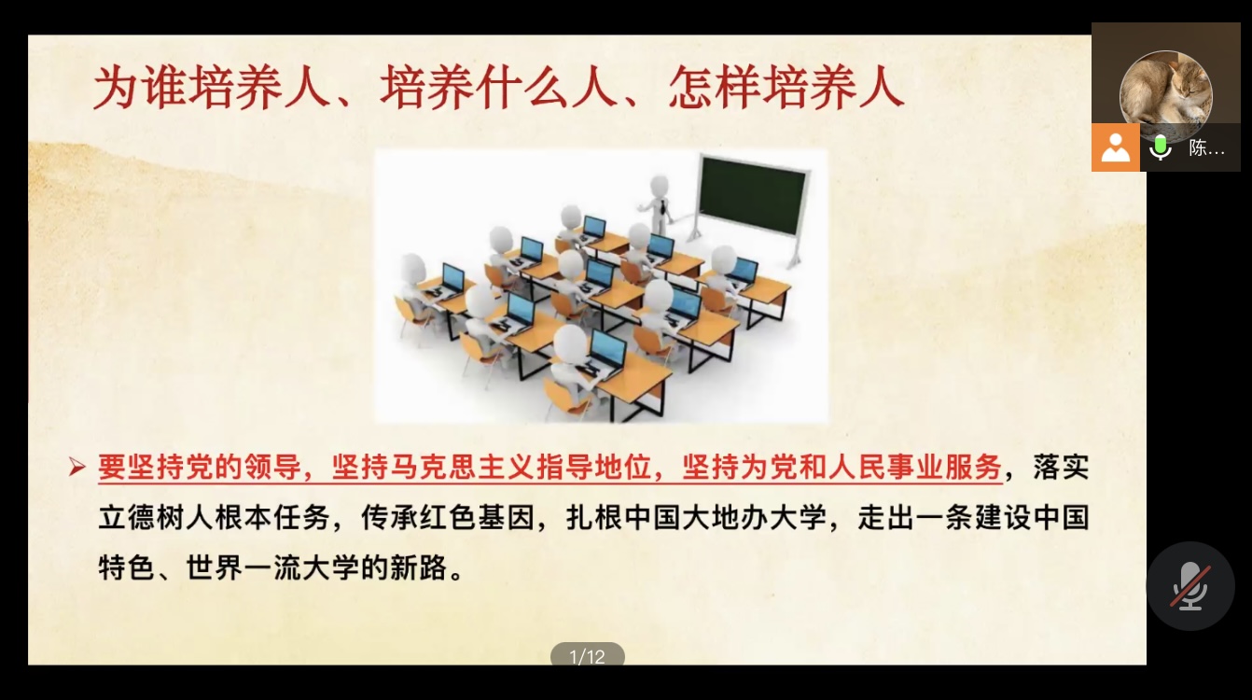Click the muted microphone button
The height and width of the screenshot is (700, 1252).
coord(1189,586)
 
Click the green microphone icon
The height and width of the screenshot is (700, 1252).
coord(1161,147)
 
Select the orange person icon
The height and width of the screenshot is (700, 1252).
coord(1116,147)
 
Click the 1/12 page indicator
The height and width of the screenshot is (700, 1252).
coord(588,655)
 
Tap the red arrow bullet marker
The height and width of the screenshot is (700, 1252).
coord(77,468)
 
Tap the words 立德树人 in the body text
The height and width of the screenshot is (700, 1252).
coord(157,517)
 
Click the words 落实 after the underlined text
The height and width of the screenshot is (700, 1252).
coord(1061,467)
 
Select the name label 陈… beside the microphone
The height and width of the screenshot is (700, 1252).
coord(1206,148)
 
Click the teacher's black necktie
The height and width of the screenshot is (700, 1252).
coord(663,206)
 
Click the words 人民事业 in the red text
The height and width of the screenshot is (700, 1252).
coord(886,467)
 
